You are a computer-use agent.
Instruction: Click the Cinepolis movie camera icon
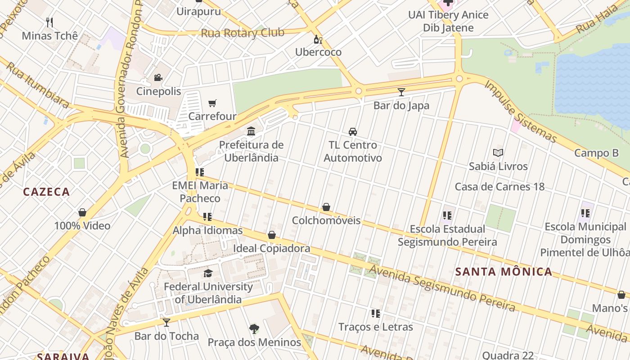click(x=158, y=78)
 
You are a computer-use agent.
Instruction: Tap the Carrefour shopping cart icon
click(x=212, y=103)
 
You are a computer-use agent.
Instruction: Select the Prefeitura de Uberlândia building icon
click(x=251, y=131)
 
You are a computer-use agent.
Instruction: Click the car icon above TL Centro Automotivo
click(x=353, y=132)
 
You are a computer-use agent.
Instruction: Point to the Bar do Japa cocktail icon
click(x=401, y=92)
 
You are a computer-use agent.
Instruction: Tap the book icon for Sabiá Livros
click(x=498, y=153)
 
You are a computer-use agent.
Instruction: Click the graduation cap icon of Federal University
click(x=208, y=273)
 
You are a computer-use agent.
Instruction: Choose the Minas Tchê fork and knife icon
click(x=49, y=22)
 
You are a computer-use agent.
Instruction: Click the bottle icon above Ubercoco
click(x=318, y=39)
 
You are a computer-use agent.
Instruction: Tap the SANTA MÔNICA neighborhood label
click(x=504, y=272)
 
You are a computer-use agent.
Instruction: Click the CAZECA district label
click(x=46, y=192)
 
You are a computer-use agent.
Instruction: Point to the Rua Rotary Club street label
click(x=242, y=33)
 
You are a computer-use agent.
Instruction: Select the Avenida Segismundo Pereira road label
click(x=442, y=288)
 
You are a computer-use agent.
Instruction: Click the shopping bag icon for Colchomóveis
click(x=326, y=207)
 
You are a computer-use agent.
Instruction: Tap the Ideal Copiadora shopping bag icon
click(x=272, y=235)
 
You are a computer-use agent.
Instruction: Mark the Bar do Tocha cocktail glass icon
click(x=166, y=322)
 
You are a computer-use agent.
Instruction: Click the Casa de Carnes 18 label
click(x=499, y=187)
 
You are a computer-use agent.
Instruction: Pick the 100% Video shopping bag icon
click(x=82, y=212)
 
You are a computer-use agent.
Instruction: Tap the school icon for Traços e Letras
click(x=375, y=314)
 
